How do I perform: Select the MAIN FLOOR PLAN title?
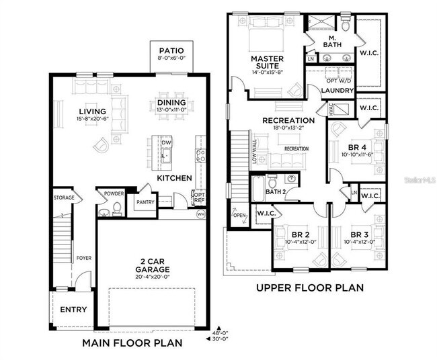[x=132, y=343]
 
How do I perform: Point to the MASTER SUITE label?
[x=268, y=62]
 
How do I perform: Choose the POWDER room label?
[x=114, y=193]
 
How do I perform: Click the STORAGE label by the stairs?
[x=64, y=197]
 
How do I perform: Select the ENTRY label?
[x=74, y=310]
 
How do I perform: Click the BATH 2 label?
[x=276, y=191]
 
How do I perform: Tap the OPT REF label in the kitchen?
[x=199, y=197]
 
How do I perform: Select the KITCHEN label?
[x=175, y=178]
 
